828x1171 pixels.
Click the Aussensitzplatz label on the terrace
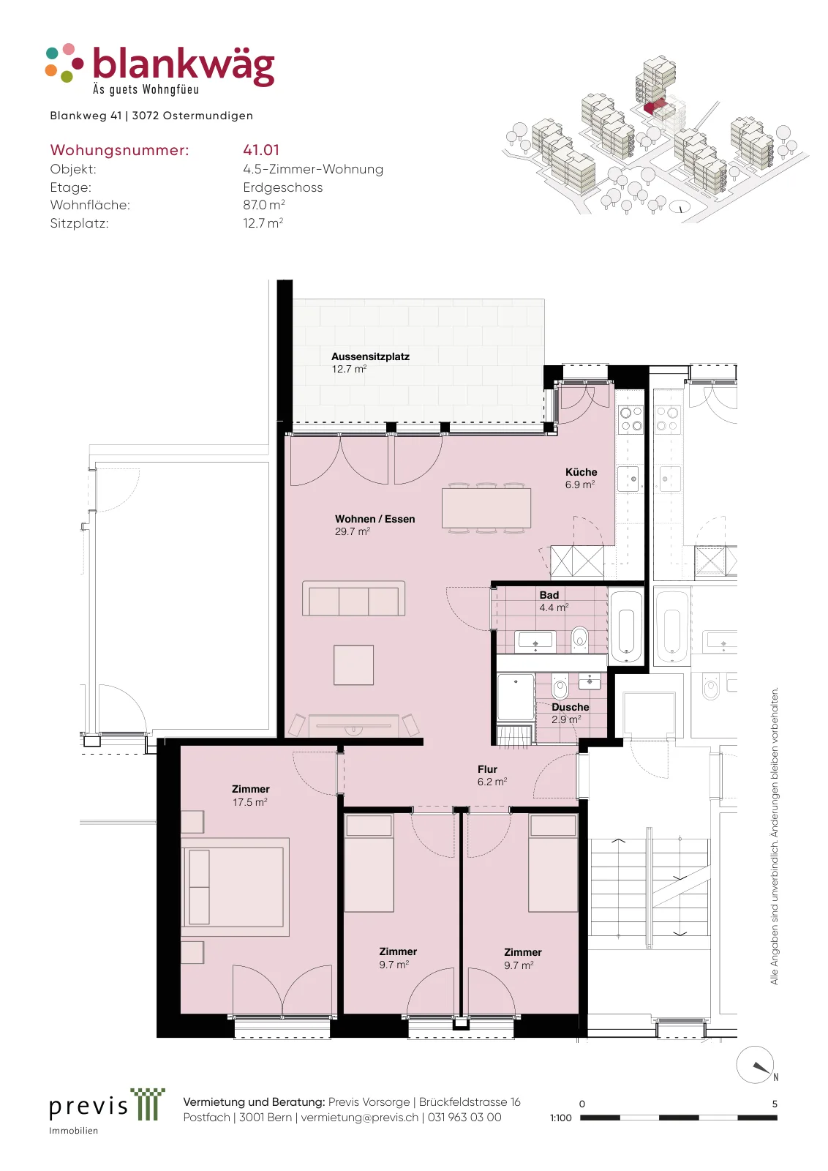pyautogui.click(x=370, y=356)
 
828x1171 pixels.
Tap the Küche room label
pyautogui.click(x=581, y=472)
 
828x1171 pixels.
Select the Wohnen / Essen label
pyautogui.click(x=375, y=519)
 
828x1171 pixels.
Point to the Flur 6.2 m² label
pyautogui.click(x=492, y=776)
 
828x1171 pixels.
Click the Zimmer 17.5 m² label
pyautogui.click(x=251, y=796)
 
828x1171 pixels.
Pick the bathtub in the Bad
pyautogui.click(x=626, y=626)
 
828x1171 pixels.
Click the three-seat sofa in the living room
pyautogui.click(x=354, y=599)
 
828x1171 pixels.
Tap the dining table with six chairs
pyautogui.click(x=486, y=508)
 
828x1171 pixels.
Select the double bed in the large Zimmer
pyautogui.click(x=235, y=887)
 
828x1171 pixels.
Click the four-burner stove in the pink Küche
pyautogui.click(x=631, y=419)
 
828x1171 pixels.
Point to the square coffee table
pyautogui.click(x=354, y=665)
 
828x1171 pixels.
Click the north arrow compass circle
pyautogui.click(x=755, y=1065)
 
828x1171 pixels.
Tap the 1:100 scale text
pyautogui.click(x=560, y=1118)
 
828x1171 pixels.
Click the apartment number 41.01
pyautogui.click(x=261, y=150)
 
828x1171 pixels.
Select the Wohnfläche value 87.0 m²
pyautogui.click(x=264, y=204)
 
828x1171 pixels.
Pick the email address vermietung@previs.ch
pyautogui.click(x=360, y=1117)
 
